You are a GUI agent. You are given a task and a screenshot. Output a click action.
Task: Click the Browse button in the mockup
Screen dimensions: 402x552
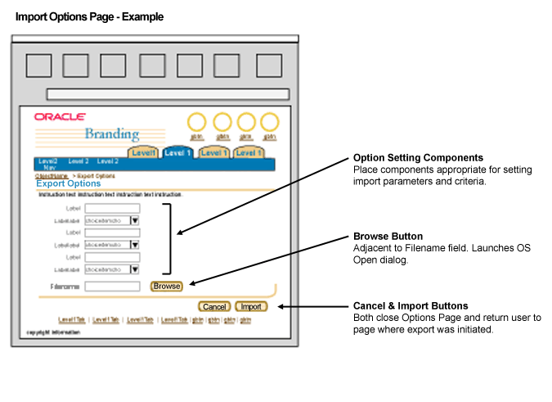pyautogui.click(x=167, y=287)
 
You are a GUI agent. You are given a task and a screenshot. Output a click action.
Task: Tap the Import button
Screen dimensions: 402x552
pyautogui.click(x=250, y=307)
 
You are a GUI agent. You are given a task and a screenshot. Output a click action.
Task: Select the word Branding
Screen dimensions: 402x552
pyautogui.click(x=112, y=135)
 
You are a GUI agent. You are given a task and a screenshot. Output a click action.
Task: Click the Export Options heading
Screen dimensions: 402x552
pyautogui.click(x=69, y=183)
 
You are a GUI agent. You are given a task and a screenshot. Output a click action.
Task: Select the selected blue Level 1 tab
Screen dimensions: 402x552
pyautogui.click(x=177, y=152)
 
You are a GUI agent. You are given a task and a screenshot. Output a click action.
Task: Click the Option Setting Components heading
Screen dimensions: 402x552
pyautogui.click(x=418, y=158)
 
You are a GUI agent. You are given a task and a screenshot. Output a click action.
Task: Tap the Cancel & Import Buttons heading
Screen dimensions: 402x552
pyautogui.click(x=411, y=305)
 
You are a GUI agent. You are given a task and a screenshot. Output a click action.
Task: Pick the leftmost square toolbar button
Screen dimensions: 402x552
pyautogui.click(x=38, y=65)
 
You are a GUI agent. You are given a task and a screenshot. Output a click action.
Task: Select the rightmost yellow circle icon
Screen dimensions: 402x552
pyautogui.click(x=269, y=123)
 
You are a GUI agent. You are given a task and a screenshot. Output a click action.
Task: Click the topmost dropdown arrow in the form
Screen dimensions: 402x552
pyautogui.click(x=134, y=220)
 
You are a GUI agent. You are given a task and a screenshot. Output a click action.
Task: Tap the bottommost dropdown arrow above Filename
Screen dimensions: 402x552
pyautogui.click(x=134, y=269)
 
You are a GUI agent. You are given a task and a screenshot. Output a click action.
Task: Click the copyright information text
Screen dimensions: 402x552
pyautogui.click(x=52, y=332)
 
